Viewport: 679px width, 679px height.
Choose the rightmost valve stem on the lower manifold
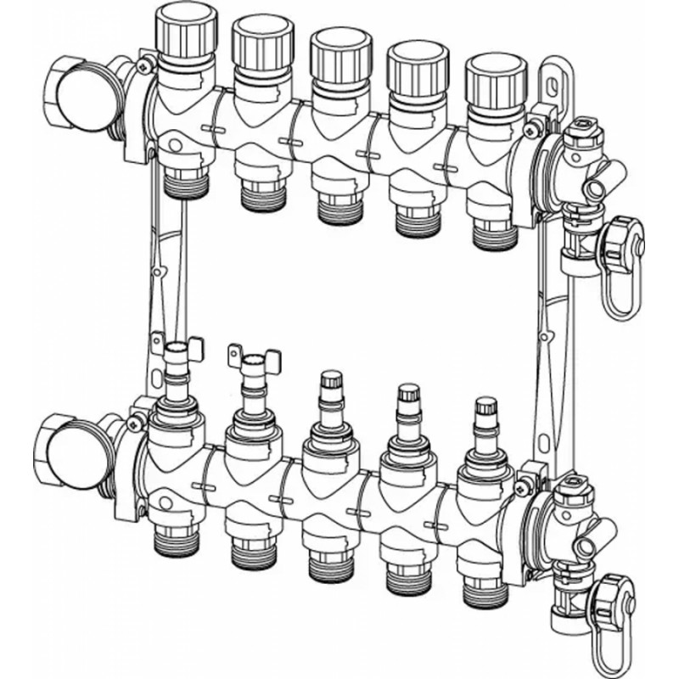(x=485, y=415)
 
